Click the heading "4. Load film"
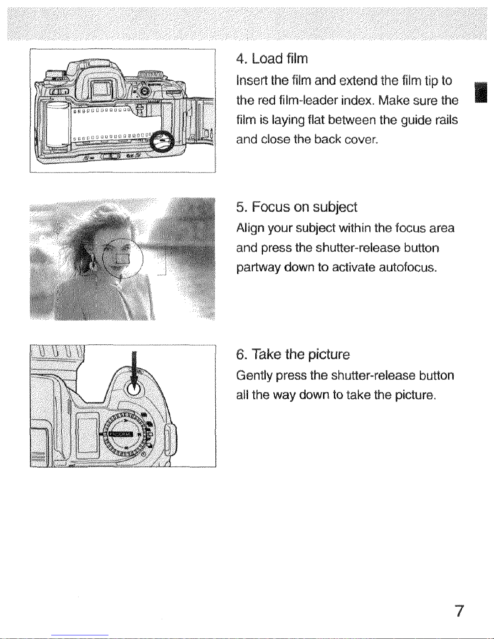[x=272, y=58]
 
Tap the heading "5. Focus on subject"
[x=297, y=207]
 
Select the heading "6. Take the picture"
[x=293, y=354]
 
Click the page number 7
[x=459, y=611]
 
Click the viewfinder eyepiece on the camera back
[x=101, y=87]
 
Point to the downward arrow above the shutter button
[x=134, y=369]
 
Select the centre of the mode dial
[x=123, y=435]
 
